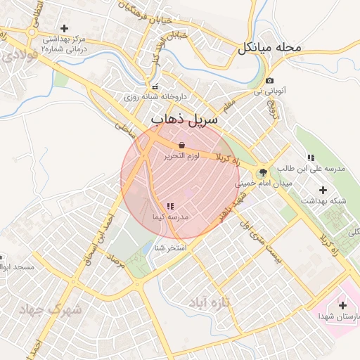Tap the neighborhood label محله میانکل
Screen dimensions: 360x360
[269, 49]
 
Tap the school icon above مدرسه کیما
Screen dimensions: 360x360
[169, 206]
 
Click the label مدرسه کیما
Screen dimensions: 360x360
[169, 218]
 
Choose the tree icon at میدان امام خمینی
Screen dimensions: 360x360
[263, 171]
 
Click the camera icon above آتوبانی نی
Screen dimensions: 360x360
[270, 81]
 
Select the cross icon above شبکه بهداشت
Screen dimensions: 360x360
[323, 190]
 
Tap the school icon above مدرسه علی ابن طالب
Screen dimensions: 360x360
[311, 157]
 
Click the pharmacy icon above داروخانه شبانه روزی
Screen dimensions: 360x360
[155, 87]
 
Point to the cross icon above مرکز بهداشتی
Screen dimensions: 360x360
[65, 28]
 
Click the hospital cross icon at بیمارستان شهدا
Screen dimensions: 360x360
[342, 305]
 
